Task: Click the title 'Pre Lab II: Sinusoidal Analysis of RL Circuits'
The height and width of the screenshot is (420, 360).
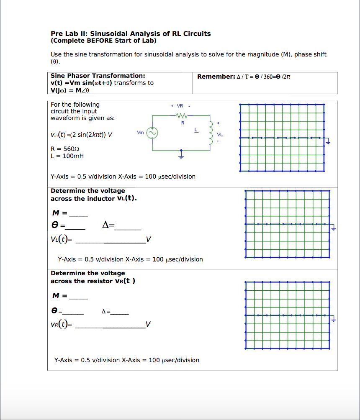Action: click(131, 33)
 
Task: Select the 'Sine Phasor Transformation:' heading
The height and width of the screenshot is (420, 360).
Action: click(98, 76)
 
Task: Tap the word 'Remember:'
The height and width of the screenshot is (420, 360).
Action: click(216, 77)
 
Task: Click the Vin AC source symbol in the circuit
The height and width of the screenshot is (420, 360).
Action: click(152, 133)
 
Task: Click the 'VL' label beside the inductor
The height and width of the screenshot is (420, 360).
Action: click(220, 135)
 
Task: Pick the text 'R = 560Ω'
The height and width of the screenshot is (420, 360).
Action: click(65, 149)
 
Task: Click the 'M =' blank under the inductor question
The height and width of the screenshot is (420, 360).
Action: click(79, 215)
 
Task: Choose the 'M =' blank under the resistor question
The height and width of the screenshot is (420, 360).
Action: click(79, 298)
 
